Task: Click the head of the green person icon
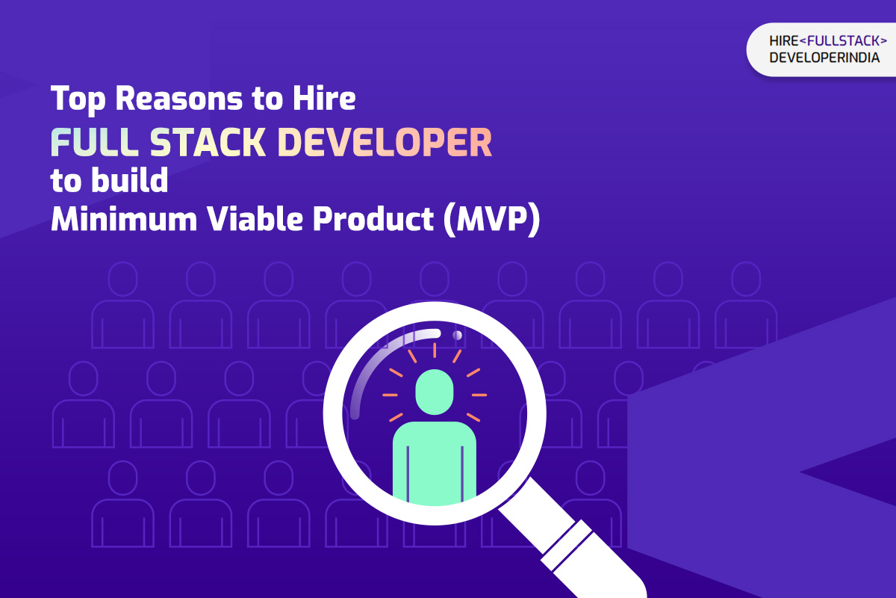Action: (434, 391)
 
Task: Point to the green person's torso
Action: (434, 460)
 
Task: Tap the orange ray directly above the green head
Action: (434, 350)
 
